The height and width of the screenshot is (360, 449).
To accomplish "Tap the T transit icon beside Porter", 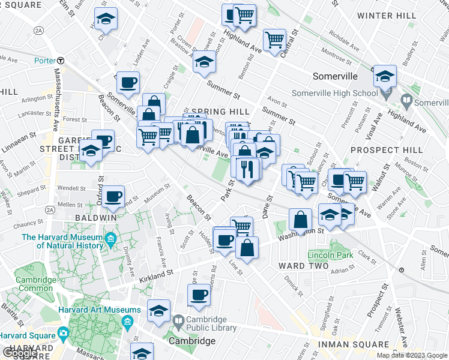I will (61, 61).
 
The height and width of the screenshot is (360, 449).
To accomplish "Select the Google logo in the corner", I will (20, 353).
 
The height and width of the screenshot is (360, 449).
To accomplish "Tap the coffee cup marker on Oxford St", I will (113, 196).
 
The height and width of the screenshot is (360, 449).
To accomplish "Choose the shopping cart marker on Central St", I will (274, 40).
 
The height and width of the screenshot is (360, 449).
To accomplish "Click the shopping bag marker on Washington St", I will (300, 220).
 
